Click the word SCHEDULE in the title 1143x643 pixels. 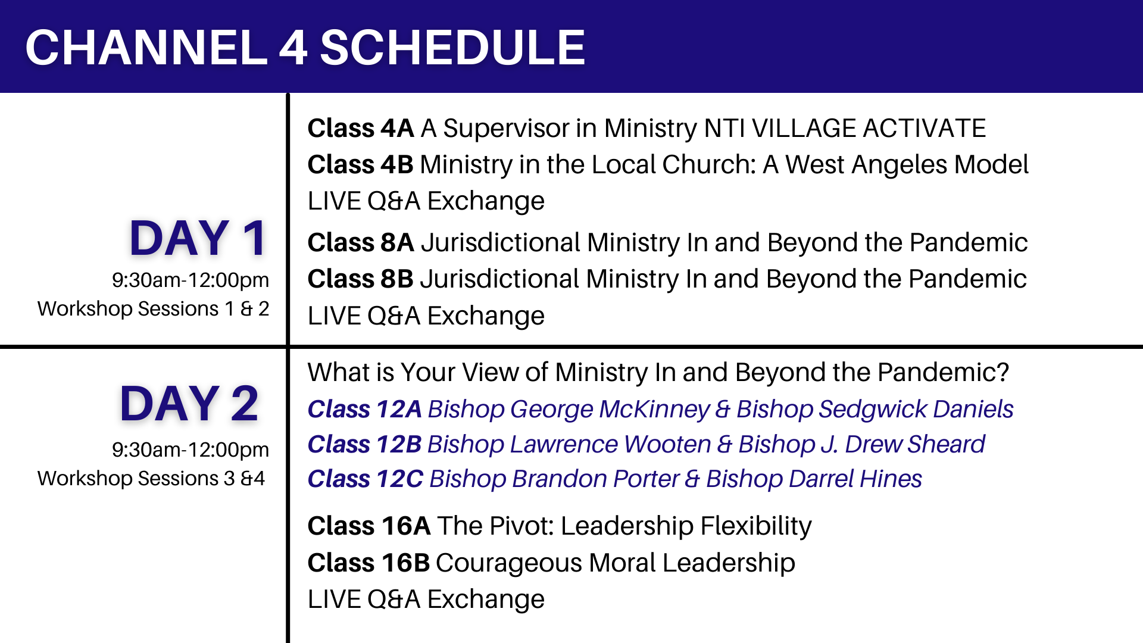tap(452, 48)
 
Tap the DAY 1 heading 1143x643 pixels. tap(198, 239)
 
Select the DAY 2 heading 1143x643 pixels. tap(189, 404)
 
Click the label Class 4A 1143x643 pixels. tap(360, 129)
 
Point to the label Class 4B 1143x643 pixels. tap(360, 165)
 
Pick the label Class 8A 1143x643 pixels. tap(360, 243)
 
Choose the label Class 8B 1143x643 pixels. tap(360, 279)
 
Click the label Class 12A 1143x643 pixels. tap(364, 410)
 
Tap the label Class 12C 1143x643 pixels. tap(365, 479)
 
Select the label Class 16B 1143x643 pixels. tap(368, 563)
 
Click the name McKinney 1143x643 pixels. tap(654, 410)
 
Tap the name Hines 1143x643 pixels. tap(891, 479)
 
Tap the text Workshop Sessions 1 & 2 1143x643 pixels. tap(153, 309)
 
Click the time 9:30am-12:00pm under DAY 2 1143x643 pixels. tap(190, 450)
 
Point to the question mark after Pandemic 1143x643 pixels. tap(1003, 373)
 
